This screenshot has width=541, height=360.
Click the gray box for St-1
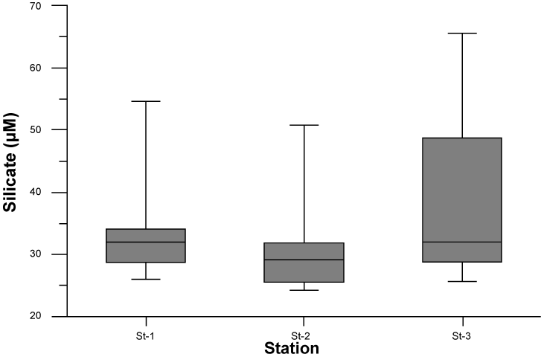coord(146,245)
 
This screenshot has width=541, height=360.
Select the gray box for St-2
coord(304,263)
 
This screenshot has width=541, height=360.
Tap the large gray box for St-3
coord(462,200)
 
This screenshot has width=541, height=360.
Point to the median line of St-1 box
coord(146,242)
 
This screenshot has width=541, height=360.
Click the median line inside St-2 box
coord(304,260)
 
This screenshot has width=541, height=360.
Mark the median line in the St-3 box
coord(462,242)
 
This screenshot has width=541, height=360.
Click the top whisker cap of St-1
coord(146,101)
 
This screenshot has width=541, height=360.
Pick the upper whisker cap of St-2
coord(304,125)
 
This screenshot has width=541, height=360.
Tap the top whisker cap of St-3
coord(462,33)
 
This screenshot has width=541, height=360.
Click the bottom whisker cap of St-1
coord(146,280)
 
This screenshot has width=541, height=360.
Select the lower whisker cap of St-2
coord(304,290)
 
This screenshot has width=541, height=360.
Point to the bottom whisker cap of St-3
coord(462,282)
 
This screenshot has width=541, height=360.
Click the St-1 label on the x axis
coord(145,336)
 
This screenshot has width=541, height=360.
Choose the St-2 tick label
coord(301,336)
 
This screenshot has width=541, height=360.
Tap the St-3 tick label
coord(461,336)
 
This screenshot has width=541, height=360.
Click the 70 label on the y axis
coord(36,6)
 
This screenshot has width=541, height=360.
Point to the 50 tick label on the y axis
coord(36,129)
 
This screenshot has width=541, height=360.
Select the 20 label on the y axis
coord(36,316)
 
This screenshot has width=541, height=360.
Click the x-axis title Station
coord(292,349)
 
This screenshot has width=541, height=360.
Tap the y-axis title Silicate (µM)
coord(10,162)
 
